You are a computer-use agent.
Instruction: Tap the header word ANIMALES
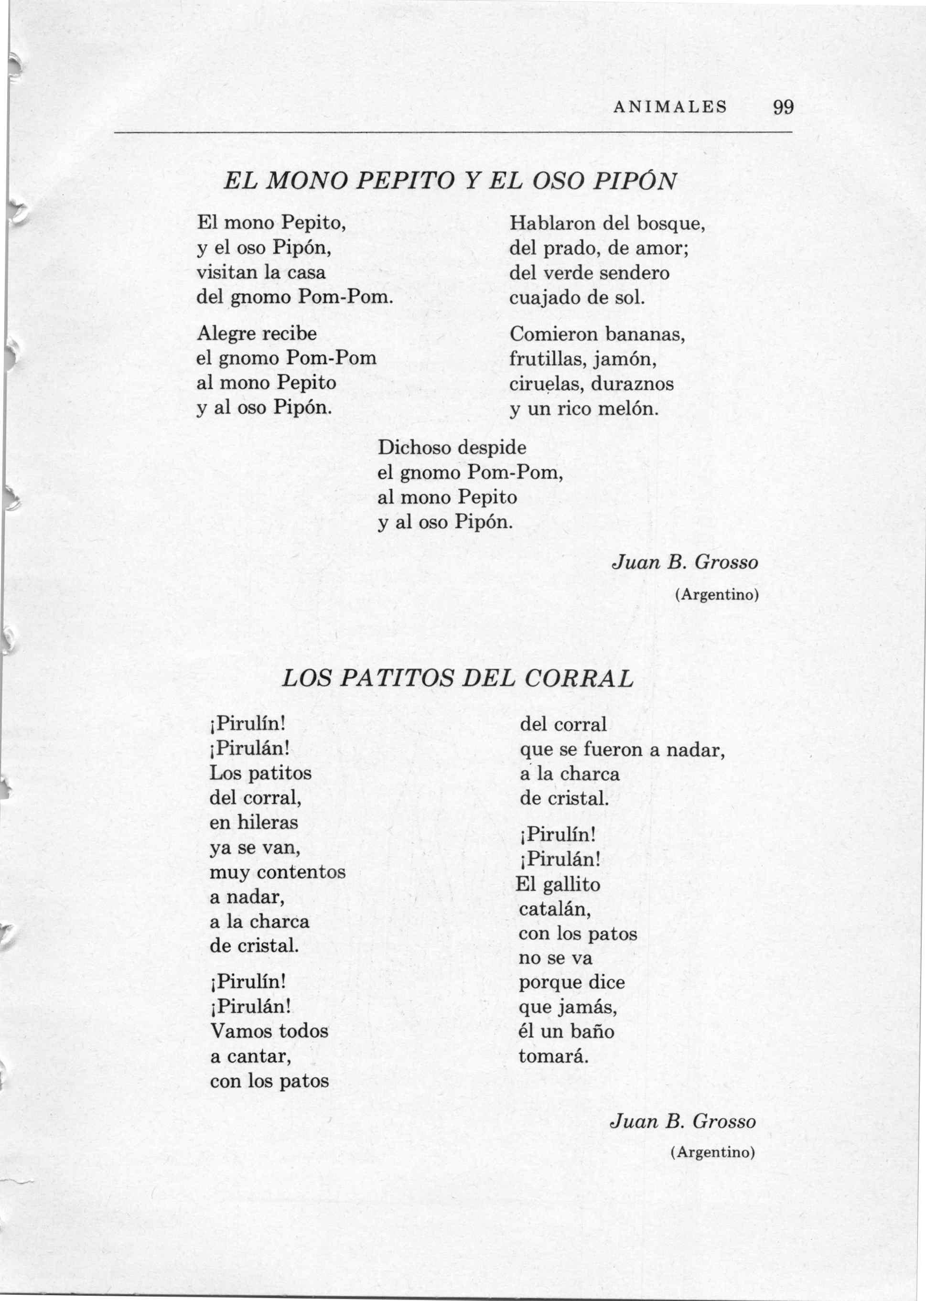pos(670,107)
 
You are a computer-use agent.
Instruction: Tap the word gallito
pos(572,885)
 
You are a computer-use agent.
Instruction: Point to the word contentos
pos(301,872)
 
